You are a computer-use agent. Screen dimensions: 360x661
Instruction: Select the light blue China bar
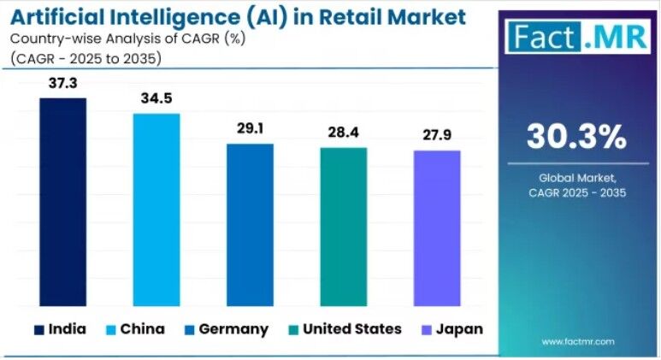(156, 209)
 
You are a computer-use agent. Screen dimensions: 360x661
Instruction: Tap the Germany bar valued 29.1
(250, 224)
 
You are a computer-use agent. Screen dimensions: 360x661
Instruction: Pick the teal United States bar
(344, 226)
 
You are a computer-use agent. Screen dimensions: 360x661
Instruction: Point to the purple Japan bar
(437, 227)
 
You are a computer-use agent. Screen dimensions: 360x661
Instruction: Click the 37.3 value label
(63, 83)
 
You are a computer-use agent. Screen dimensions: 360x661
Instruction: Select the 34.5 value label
(156, 98)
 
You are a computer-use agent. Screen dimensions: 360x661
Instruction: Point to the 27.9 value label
(437, 135)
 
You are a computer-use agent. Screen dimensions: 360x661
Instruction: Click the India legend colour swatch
(38, 329)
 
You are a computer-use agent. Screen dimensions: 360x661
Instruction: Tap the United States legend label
(351, 329)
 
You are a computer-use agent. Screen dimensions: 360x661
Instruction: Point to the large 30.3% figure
(575, 137)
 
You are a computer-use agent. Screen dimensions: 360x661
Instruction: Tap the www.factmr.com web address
(577, 341)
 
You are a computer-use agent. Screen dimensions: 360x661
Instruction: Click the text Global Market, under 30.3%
(576, 177)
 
